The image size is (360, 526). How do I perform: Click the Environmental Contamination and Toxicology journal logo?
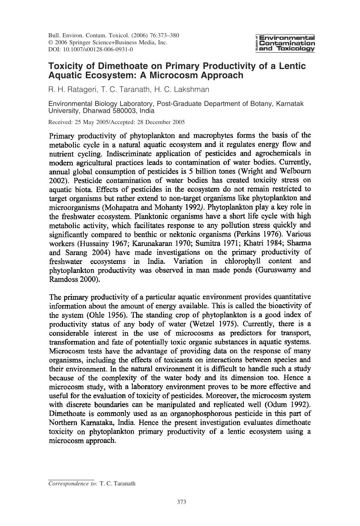(285, 43)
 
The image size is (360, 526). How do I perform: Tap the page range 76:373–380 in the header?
(164, 36)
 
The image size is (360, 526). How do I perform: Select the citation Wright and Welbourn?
(280, 171)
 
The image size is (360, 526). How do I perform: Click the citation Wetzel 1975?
(213, 324)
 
